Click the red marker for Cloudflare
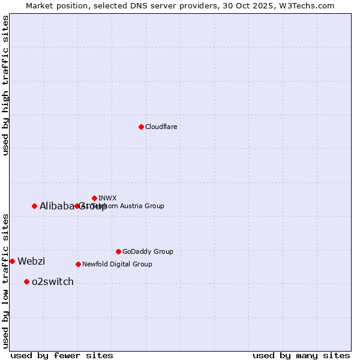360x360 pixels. pos(141,127)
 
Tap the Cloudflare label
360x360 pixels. pos(161,127)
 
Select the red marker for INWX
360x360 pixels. pos(94,198)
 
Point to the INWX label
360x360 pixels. pos(107,198)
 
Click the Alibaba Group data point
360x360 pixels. pos(34,206)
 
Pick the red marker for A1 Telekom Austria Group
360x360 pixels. pos(77,206)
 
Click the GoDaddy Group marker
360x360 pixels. pos(118,251)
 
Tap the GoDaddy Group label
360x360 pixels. pos(147,251)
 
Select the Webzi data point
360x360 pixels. pos(12,261)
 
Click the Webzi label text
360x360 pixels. pos(31,261)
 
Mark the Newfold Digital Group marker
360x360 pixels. pos(78,264)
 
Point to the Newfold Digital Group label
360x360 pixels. pos(117,264)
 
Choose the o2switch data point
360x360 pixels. pos(26,281)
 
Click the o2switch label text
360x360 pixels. pos(53,281)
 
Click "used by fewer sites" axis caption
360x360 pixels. pos(62,355)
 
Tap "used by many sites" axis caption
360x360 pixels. pos(301,355)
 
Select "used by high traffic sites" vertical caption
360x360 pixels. pos(6,85)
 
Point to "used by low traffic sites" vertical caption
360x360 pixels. pos(6,280)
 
